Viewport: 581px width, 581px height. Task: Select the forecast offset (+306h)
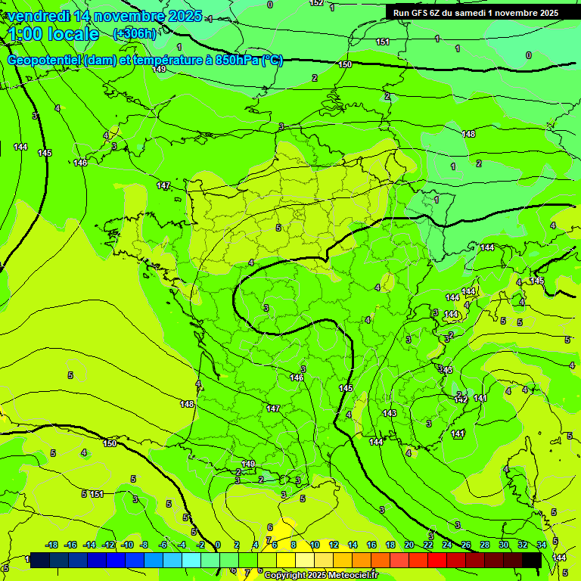135,33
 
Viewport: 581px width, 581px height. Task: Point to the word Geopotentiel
45,61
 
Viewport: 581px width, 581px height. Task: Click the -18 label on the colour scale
51,545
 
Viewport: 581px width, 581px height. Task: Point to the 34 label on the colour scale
541,545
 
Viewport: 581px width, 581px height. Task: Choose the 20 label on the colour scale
409,545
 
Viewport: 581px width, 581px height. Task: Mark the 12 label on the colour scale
334,545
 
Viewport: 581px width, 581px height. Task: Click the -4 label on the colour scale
182,545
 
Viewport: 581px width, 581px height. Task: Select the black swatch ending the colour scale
532,560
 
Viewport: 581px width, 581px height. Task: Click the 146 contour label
297,377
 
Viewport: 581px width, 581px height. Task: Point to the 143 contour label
390,413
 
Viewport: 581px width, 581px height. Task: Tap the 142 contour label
461,398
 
